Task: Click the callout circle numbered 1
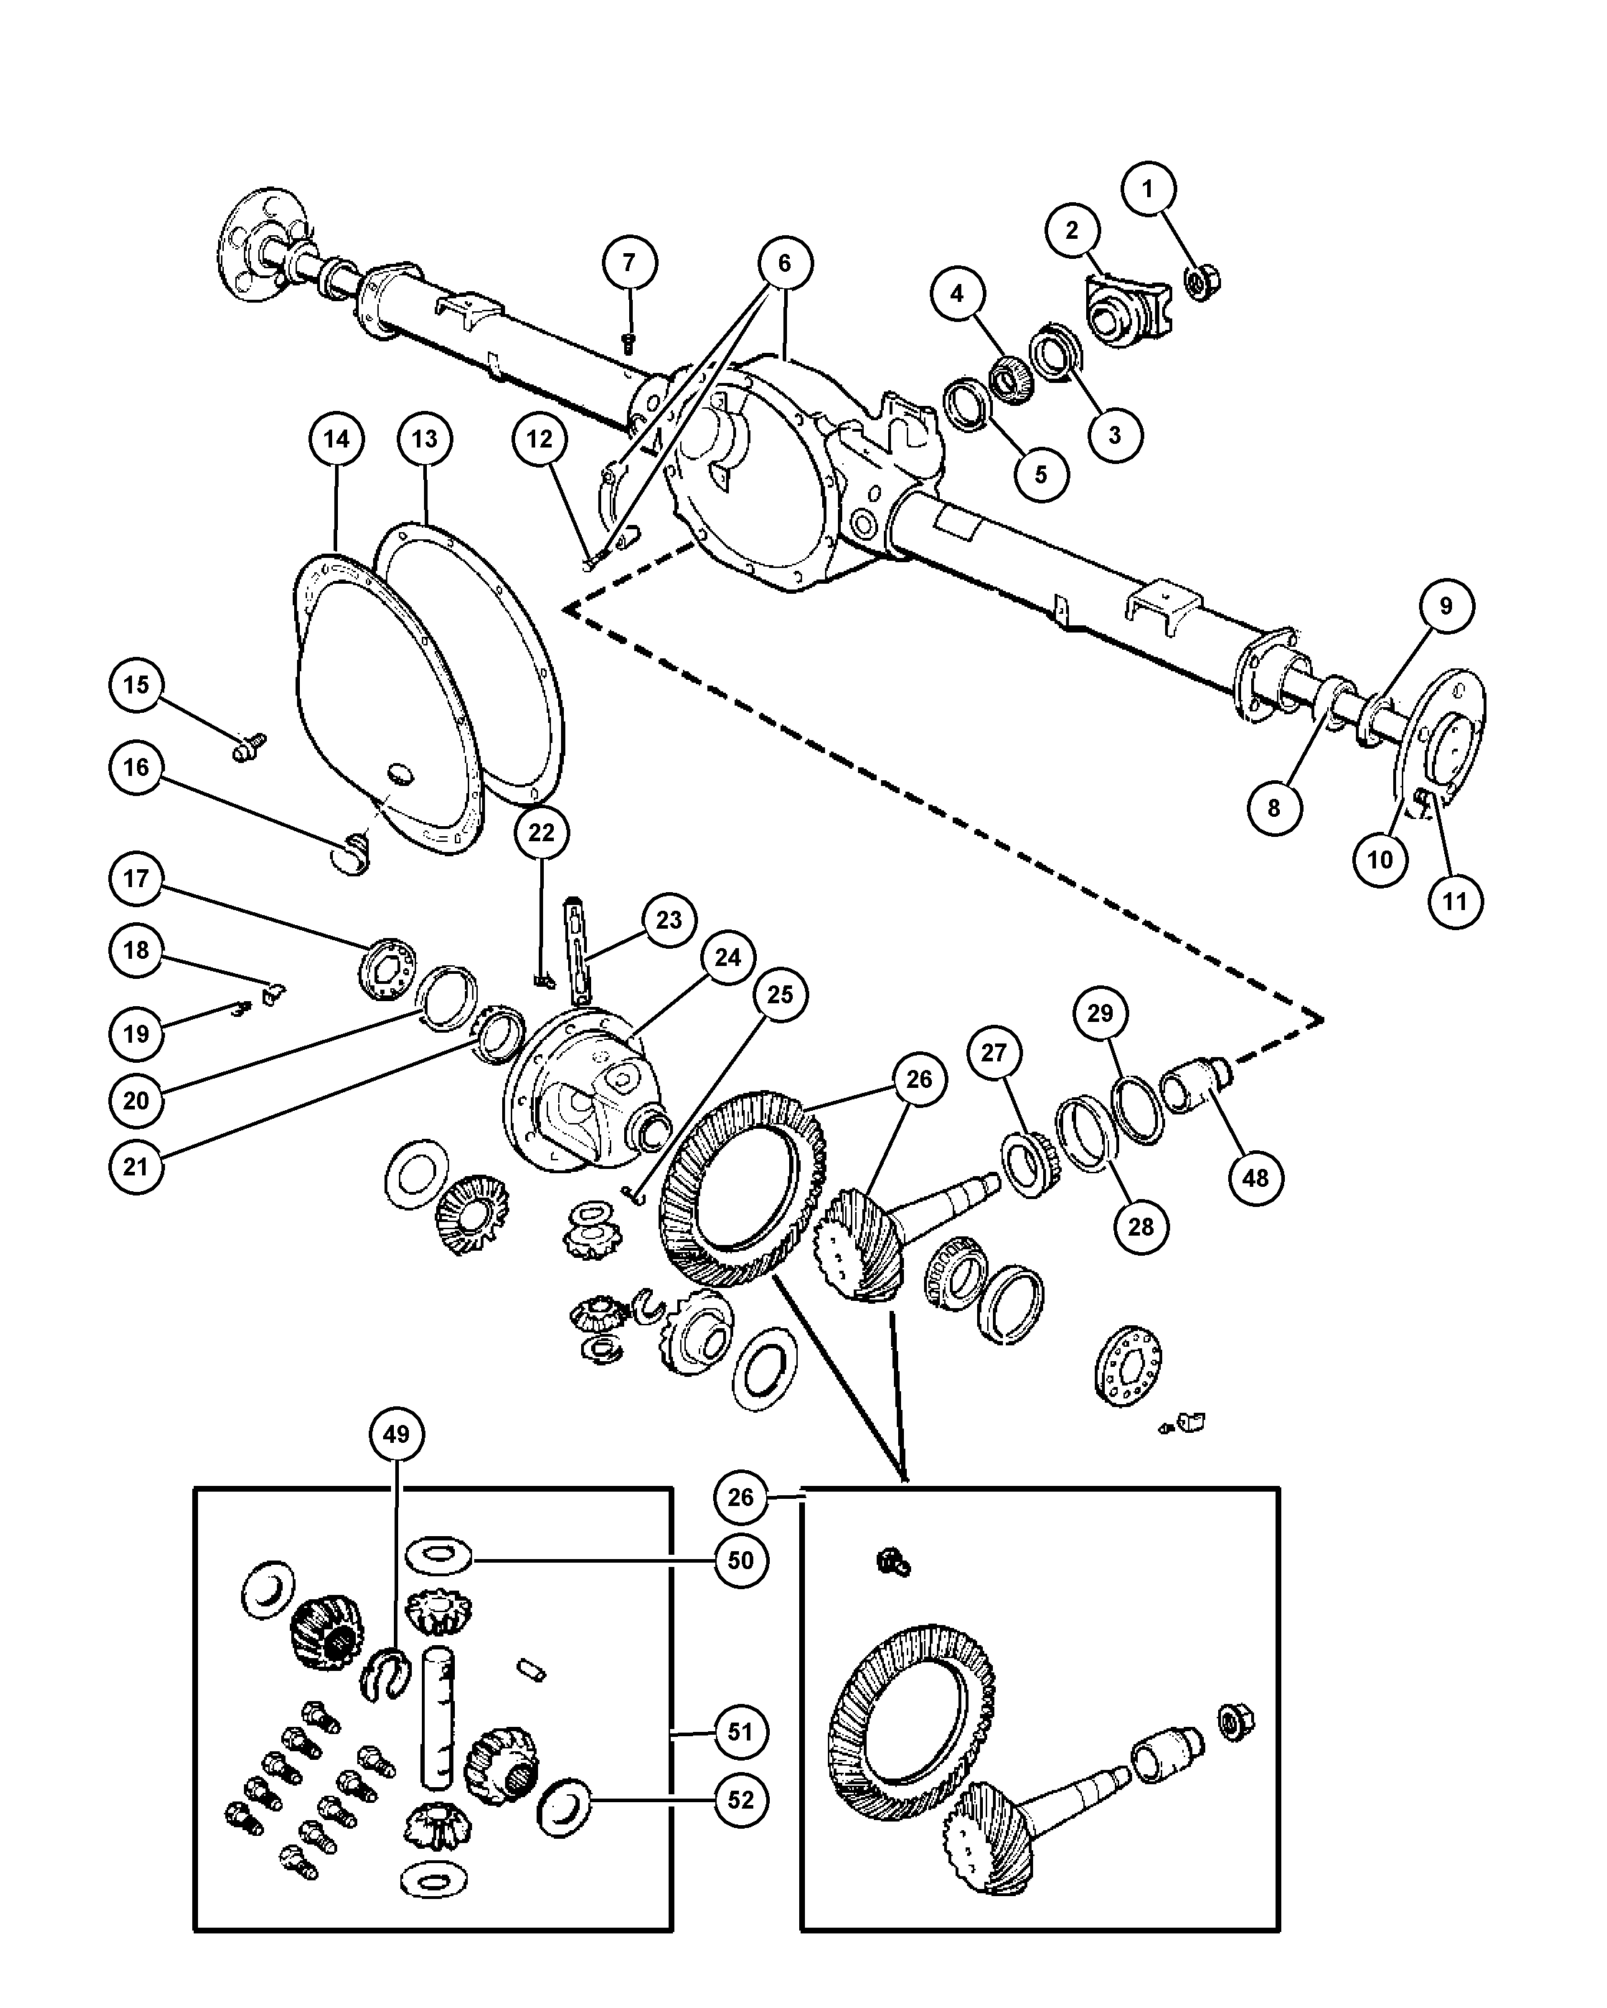1147,189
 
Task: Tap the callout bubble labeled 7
629,264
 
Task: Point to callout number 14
336,439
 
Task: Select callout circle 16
136,767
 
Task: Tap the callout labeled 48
1255,1178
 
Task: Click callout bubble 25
780,995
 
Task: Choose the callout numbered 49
396,1434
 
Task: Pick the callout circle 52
740,1800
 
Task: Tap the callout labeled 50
740,1560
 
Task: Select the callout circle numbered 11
1454,901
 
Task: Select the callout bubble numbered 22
541,833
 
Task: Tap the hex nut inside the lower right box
1236,1722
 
